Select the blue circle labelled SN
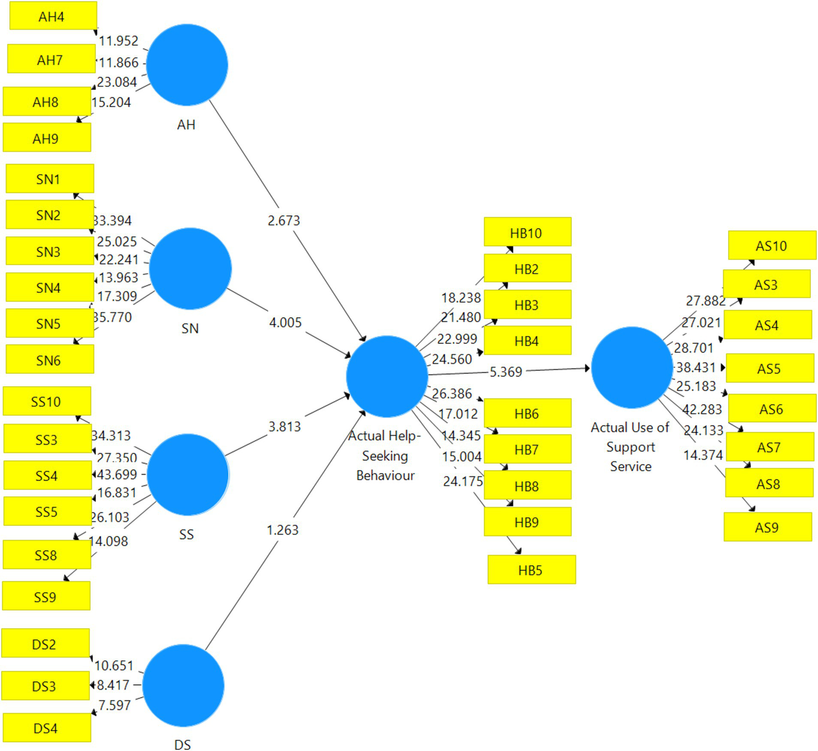click(x=190, y=268)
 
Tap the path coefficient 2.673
click(x=284, y=220)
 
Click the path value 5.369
click(x=506, y=371)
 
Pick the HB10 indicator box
click(x=527, y=232)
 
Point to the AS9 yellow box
click(x=767, y=527)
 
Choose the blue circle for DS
click(x=183, y=685)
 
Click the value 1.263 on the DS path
click(x=282, y=530)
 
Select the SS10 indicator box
click(x=46, y=402)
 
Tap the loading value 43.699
click(x=117, y=474)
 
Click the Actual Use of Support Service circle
click(x=631, y=368)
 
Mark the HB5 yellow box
click(x=531, y=570)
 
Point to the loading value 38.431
click(x=695, y=368)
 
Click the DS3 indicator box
click(x=45, y=686)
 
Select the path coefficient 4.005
click(x=285, y=322)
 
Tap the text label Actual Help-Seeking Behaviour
click(x=385, y=456)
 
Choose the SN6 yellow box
click(x=49, y=360)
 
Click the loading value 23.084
click(x=117, y=82)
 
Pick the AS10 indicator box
click(x=771, y=246)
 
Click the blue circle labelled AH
click(x=187, y=64)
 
